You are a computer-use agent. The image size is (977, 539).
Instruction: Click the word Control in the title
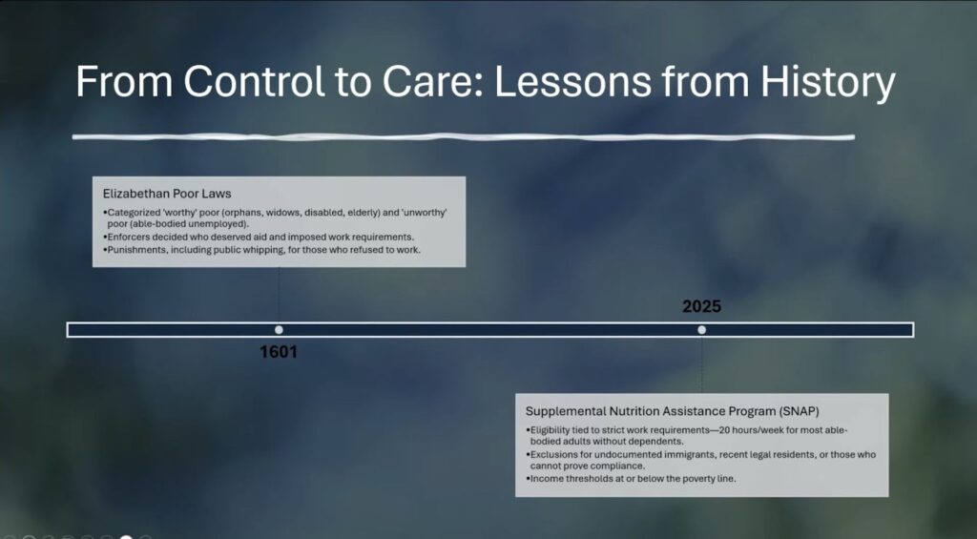click(254, 81)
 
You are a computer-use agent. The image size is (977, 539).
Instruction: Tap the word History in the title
click(828, 83)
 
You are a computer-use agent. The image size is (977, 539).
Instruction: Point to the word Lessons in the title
click(572, 81)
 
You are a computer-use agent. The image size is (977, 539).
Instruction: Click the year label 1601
click(279, 352)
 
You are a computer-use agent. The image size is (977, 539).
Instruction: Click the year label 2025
click(701, 306)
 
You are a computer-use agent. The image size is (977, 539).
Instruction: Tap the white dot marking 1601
click(279, 330)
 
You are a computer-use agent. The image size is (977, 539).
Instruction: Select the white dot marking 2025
click(701, 330)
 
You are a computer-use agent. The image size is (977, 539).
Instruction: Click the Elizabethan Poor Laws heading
click(167, 194)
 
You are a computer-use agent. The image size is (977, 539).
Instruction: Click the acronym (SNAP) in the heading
click(799, 411)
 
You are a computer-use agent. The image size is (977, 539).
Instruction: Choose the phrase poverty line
click(708, 479)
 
